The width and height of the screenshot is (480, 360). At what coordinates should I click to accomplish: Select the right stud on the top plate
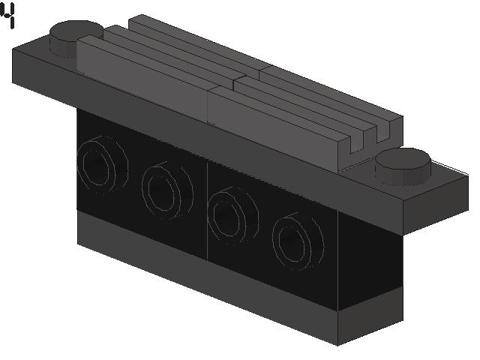point(403,166)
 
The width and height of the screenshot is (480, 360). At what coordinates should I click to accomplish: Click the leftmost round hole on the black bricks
point(102,165)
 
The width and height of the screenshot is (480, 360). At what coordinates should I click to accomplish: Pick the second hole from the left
point(167,190)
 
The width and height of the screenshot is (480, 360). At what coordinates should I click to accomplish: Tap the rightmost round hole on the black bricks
point(298,241)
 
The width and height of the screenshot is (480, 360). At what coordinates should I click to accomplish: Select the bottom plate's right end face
point(370,316)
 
